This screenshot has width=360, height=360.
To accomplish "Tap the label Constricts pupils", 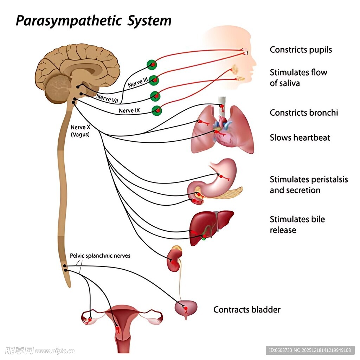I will point(301,50).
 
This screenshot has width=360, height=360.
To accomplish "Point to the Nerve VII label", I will point(108,98).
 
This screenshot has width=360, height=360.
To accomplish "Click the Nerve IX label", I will point(129,110).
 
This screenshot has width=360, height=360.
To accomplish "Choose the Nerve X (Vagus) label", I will point(80,131).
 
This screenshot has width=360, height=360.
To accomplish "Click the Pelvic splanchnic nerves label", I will point(100,256).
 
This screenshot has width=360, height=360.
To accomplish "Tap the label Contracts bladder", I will point(247,310).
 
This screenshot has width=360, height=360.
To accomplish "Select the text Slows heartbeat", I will point(300,137).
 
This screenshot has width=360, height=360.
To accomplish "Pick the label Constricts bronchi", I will point(304,112).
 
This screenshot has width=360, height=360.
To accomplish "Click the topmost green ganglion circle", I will point(152,64).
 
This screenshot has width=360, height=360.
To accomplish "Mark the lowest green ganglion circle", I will point(157,110).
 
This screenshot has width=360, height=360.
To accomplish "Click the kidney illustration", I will point(174,261).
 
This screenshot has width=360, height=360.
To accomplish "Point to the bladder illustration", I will point(186,308).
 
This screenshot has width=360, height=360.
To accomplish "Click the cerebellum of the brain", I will point(58,89).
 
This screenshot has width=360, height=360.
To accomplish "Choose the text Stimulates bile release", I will point(297,225).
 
